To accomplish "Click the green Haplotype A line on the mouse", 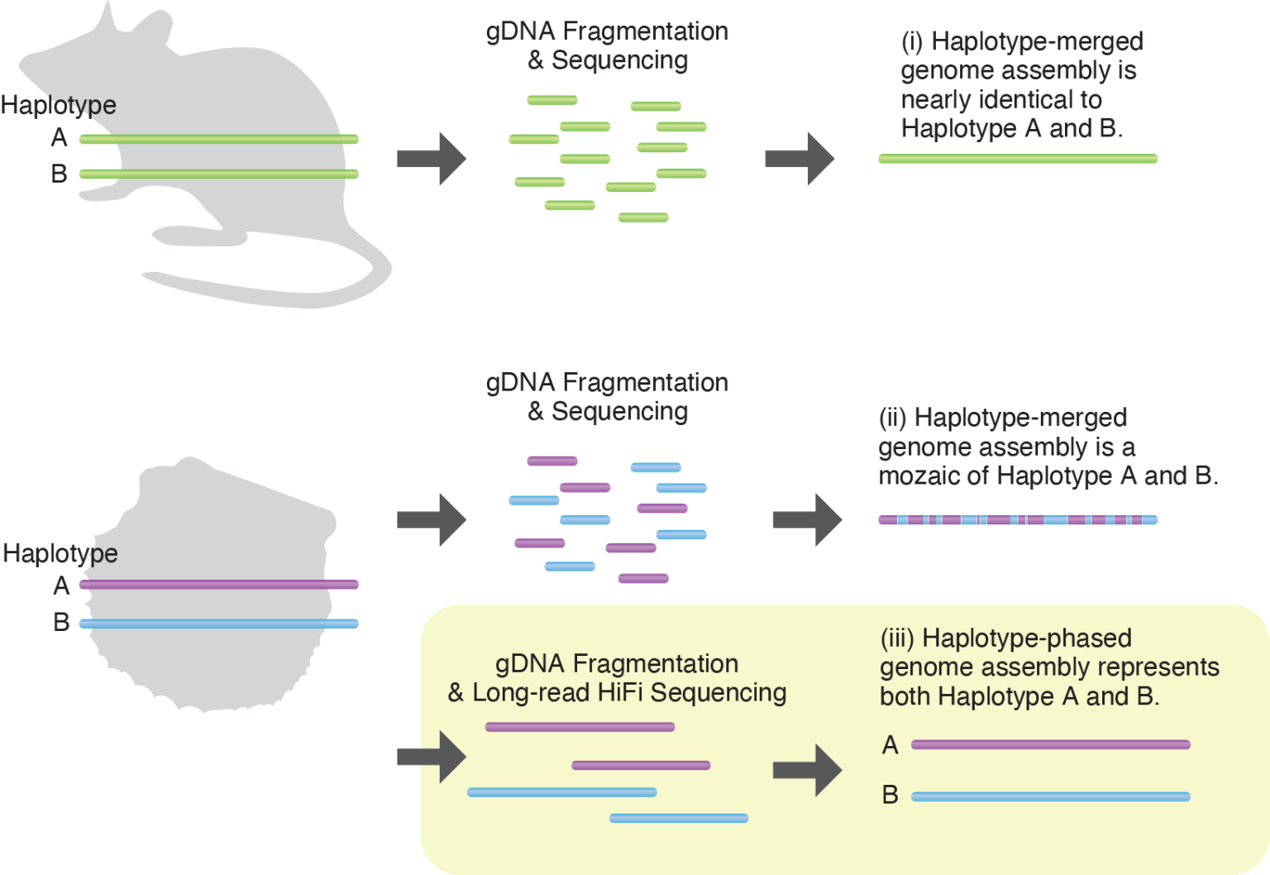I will [x=219, y=139].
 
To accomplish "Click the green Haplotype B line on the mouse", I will [x=219, y=174].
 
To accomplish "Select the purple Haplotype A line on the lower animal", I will [x=219, y=585].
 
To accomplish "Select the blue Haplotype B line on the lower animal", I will [x=219, y=624].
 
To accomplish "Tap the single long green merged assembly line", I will [x=1018, y=159].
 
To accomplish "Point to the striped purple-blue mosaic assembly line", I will [x=1018, y=520].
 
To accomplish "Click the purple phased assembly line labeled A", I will [x=1050, y=745].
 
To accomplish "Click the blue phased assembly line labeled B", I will [x=1050, y=797].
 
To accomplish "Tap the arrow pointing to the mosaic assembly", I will [x=807, y=520].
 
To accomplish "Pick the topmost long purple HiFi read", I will [x=580, y=727].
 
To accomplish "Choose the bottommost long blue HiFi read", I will [x=678, y=819].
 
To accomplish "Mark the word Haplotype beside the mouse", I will [x=59, y=105].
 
